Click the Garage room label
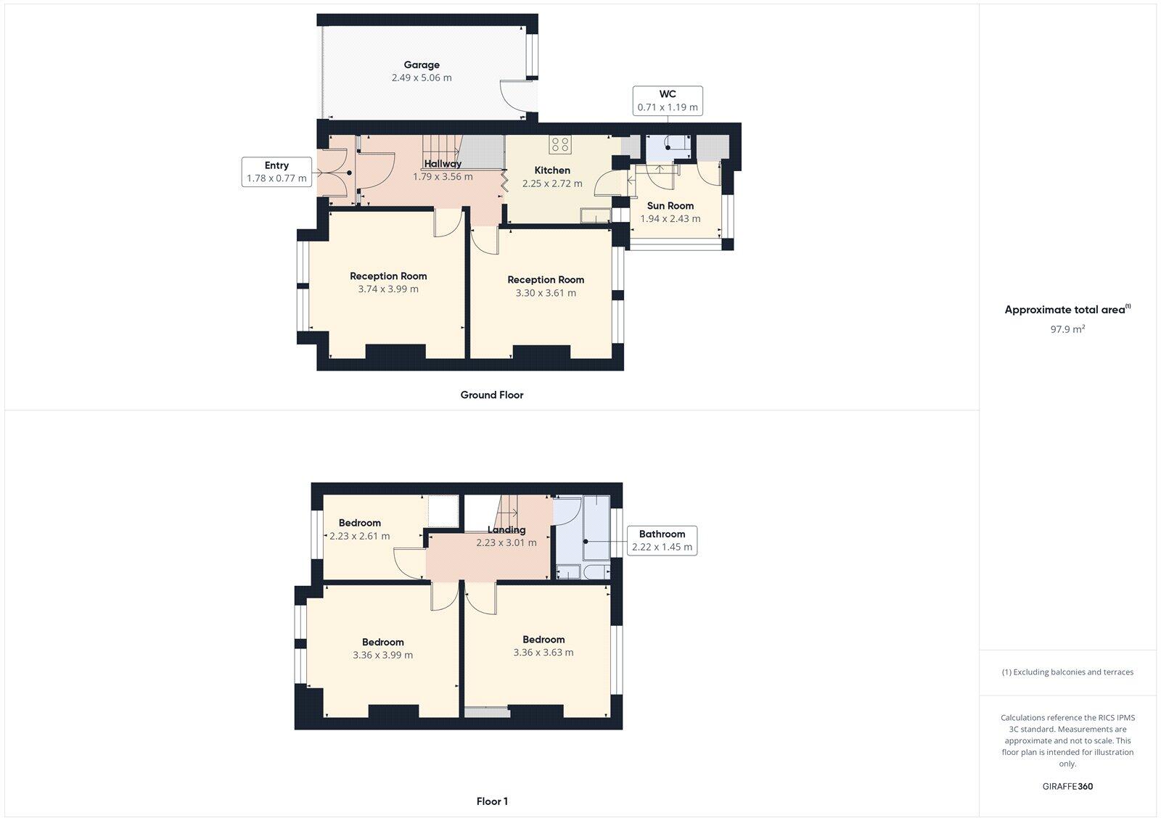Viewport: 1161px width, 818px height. tap(422, 65)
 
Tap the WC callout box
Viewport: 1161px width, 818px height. tap(668, 101)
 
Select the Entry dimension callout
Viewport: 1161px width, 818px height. tap(276, 172)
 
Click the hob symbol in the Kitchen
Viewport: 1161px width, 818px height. tap(559, 144)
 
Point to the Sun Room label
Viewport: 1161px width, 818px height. tap(670, 205)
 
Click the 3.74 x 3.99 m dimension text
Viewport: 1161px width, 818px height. tap(388, 289)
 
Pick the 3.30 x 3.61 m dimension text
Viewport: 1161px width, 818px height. tap(546, 293)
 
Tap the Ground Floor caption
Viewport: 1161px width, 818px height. tap(491, 394)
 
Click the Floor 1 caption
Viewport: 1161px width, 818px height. tap(491, 801)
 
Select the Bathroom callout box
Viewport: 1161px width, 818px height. tap(662, 541)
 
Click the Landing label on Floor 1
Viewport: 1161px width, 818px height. tap(506, 529)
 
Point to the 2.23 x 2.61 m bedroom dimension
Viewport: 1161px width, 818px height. tap(359, 536)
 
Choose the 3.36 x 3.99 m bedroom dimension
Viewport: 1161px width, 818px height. tap(382, 655)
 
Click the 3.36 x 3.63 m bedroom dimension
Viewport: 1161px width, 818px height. tap(543, 652)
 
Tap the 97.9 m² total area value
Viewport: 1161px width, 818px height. tap(1067, 329)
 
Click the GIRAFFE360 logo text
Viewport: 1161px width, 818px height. tap(1067, 786)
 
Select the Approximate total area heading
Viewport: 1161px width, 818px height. tap(1065, 310)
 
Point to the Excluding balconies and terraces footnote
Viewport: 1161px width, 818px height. tap(1067, 672)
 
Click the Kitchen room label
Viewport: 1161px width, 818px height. tap(552, 170)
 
